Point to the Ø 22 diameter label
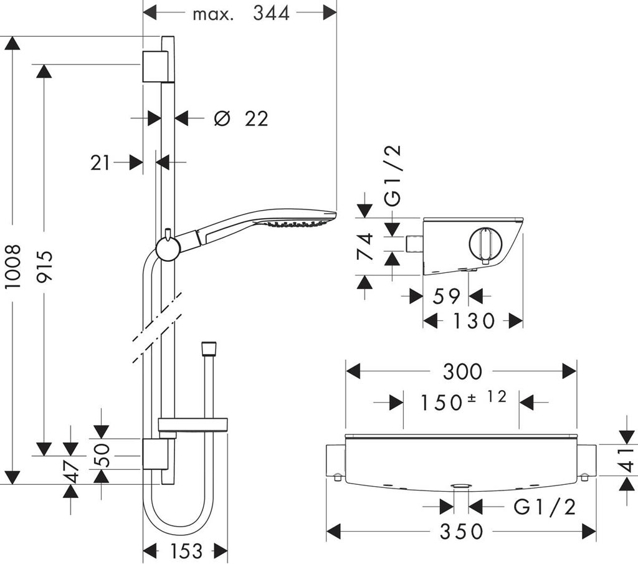pyautogui.click(x=240, y=118)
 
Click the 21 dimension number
pyautogui.click(x=100, y=163)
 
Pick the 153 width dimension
pyautogui.click(x=186, y=551)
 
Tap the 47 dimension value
pyautogui.click(x=74, y=472)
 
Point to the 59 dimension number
pyautogui.click(x=446, y=296)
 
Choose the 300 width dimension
pyautogui.click(x=462, y=372)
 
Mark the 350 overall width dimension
pyautogui.click(x=462, y=532)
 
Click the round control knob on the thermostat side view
pyautogui.click(x=485, y=245)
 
